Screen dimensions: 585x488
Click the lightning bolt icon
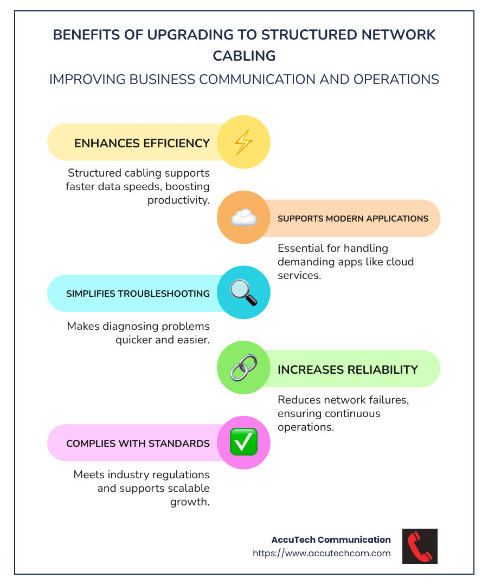click(243, 142)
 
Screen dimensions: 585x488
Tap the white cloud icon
click(243, 218)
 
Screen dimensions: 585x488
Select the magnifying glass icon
click(243, 292)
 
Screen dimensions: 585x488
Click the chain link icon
click(243, 368)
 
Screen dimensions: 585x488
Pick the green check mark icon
click(243, 443)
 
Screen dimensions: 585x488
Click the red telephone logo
click(420, 546)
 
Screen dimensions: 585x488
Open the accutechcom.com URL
click(322, 553)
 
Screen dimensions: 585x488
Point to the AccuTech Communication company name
click(331, 539)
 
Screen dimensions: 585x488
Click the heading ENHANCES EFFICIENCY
click(142, 143)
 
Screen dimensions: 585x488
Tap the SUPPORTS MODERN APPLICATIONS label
click(353, 219)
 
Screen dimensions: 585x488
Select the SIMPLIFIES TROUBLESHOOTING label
click(138, 294)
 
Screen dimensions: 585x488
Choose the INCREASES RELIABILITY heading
click(348, 369)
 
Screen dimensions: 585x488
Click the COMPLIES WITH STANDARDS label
click(138, 444)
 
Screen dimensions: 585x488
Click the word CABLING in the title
click(244, 56)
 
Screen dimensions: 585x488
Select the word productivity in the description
click(178, 200)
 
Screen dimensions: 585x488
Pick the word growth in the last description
click(190, 502)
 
